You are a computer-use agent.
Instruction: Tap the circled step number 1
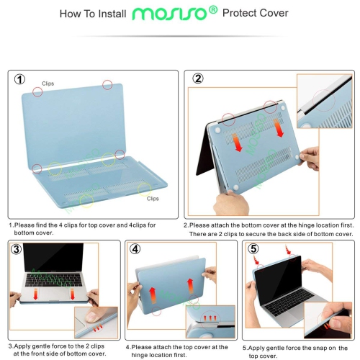(20, 79)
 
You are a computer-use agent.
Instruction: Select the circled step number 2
(197, 79)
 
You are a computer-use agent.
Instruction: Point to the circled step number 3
(17, 250)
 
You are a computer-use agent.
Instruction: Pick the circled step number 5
(253, 249)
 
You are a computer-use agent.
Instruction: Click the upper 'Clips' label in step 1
(48, 84)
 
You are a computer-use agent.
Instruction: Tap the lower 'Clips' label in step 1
(153, 197)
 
